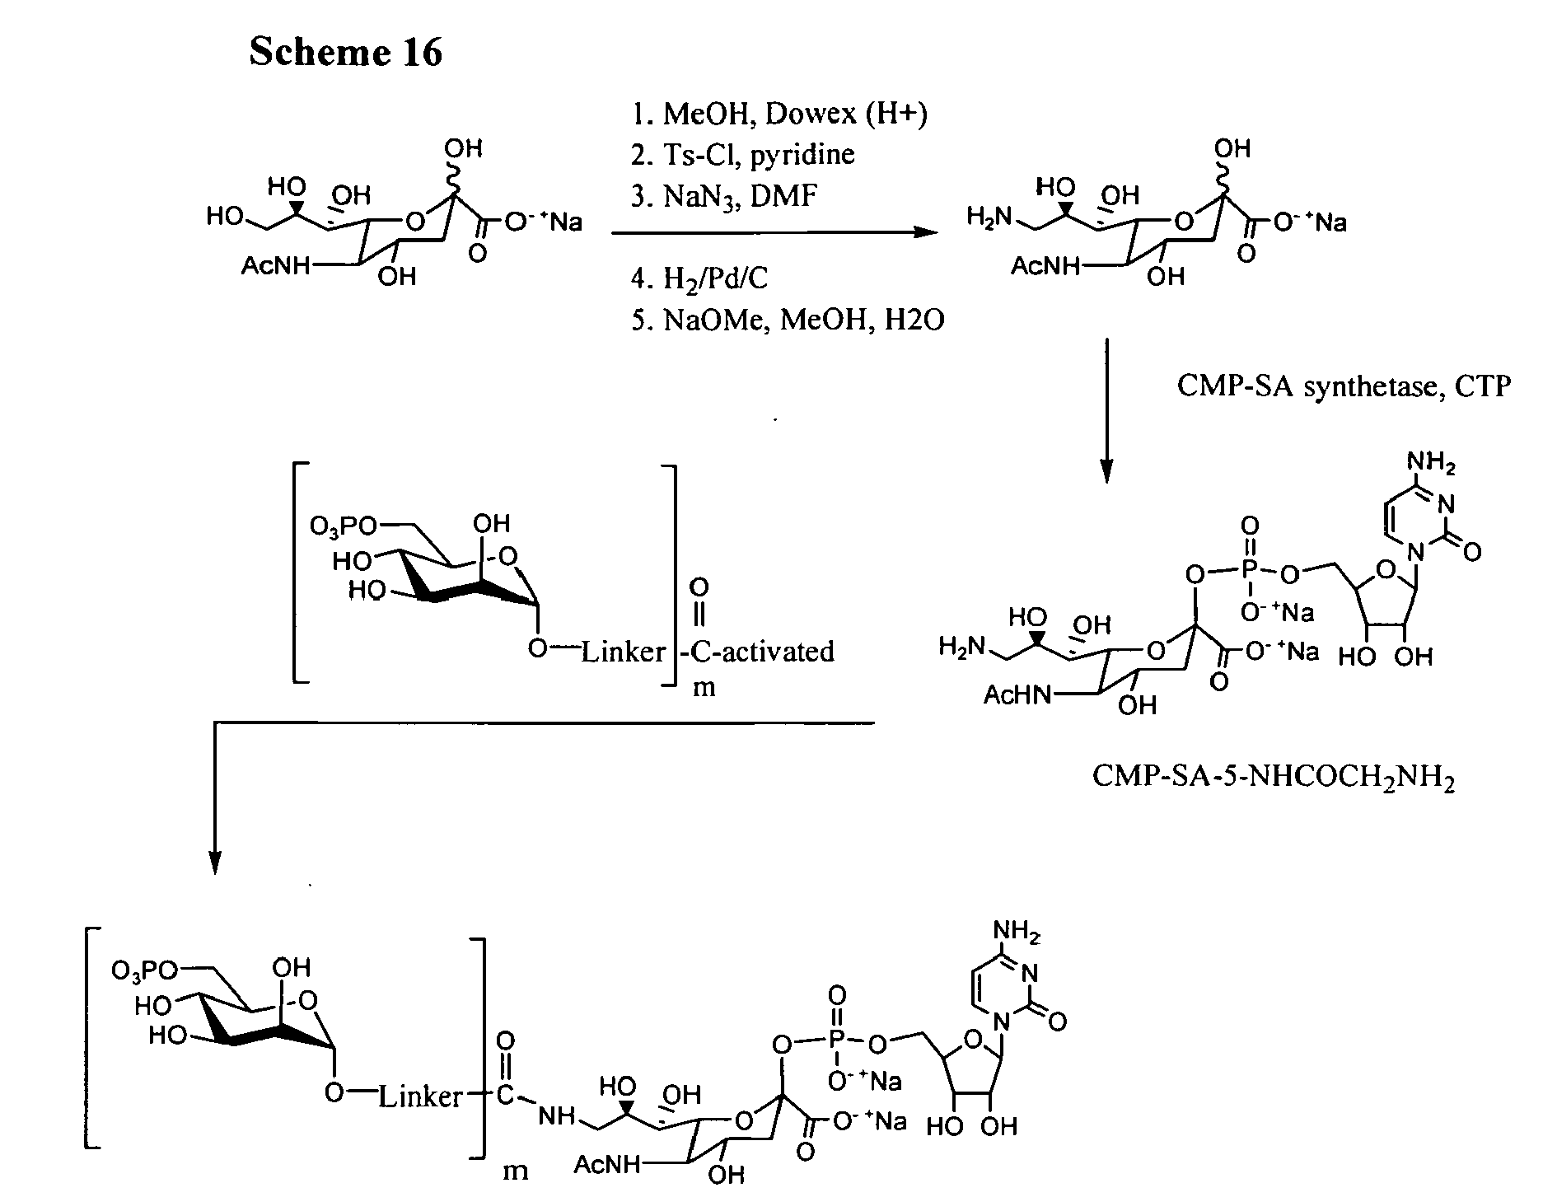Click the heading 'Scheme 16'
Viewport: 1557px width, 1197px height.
[345, 53]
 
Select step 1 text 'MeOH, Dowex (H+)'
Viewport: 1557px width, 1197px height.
[796, 114]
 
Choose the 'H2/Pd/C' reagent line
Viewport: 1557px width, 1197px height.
[715, 279]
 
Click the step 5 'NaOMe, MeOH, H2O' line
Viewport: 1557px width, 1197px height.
[804, 320]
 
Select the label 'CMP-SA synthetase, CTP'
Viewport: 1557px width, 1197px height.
[1344, 386]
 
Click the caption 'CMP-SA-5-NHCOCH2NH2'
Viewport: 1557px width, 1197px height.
[1273, 777]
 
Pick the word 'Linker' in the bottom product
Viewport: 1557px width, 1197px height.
[420, 1096]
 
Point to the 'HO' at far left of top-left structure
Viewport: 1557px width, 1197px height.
[224, 218]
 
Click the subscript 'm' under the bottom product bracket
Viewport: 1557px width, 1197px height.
[516, 1170]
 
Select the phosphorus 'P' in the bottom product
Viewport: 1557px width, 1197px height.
[836, 1044]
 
